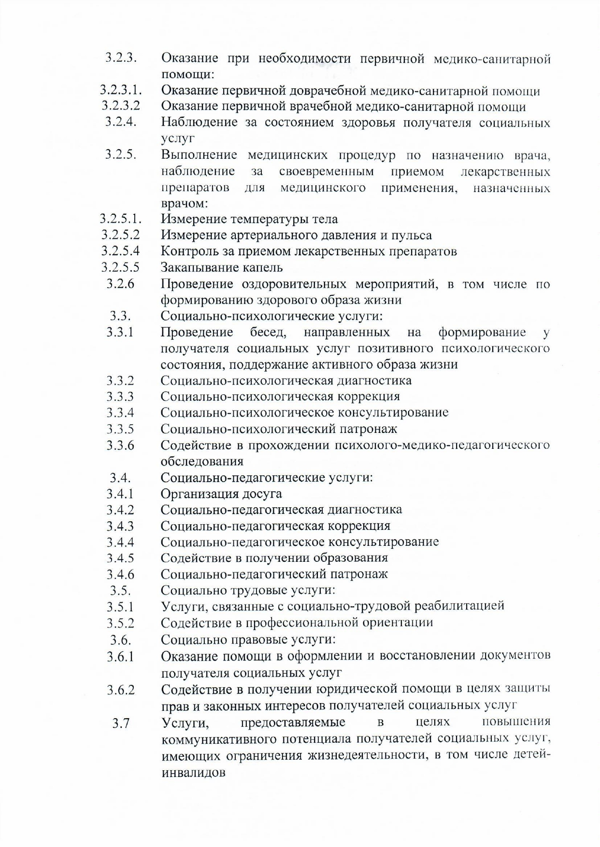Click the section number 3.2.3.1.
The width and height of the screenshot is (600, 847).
(120, 90)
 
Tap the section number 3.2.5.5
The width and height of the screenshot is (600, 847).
(120, 267)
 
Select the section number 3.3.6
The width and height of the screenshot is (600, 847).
(120, 445)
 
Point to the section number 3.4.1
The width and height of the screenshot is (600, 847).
(120, 494)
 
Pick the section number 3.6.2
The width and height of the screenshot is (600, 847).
(121, 690)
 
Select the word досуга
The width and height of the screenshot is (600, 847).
(260, 494)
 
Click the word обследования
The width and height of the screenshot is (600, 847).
(202, 461)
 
